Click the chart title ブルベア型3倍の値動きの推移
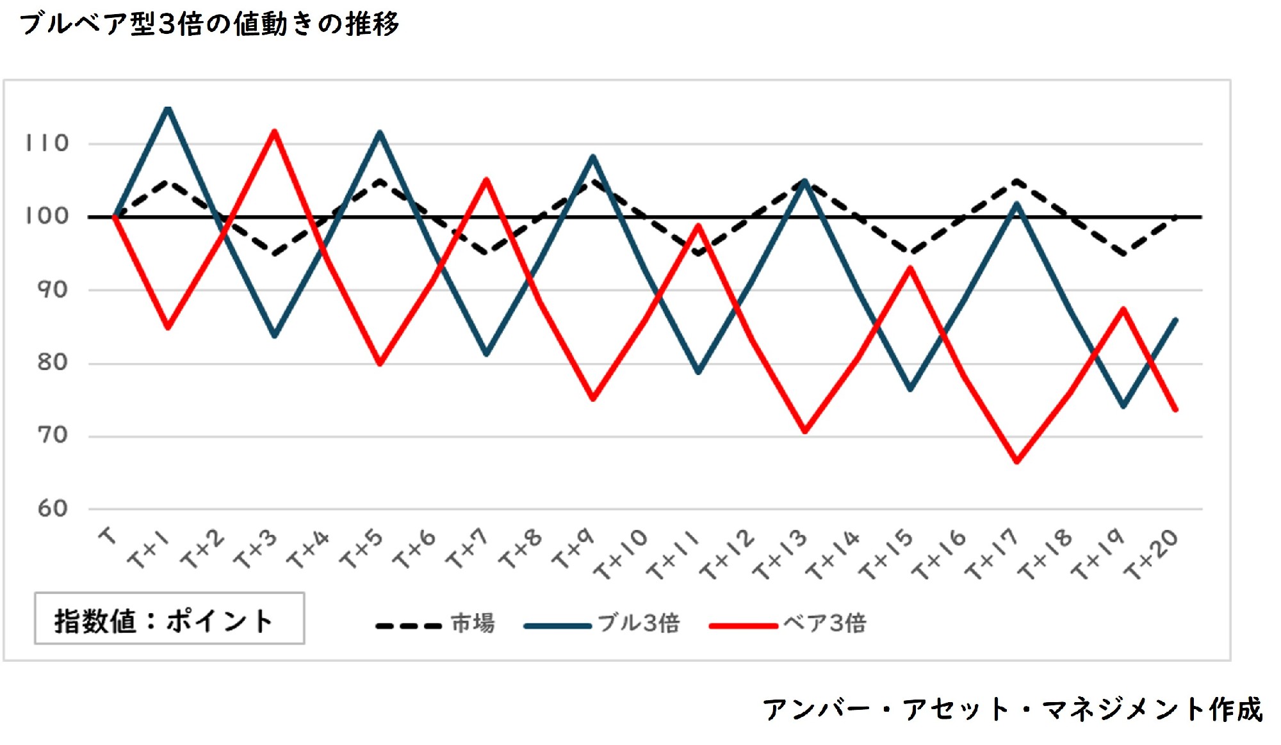(209, 24)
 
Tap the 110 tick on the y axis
(47, 143)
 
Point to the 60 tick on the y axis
(53, 509)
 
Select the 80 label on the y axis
(53, 363)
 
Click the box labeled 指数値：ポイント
(169, 619)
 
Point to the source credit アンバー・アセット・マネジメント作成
(1012, 709)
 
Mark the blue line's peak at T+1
(168, 108)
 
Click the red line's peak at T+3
(274, 131)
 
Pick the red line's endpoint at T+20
(1176, 410)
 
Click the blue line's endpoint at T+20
(1176, 319)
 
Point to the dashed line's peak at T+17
(1016, 181)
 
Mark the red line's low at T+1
(168, 328)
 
